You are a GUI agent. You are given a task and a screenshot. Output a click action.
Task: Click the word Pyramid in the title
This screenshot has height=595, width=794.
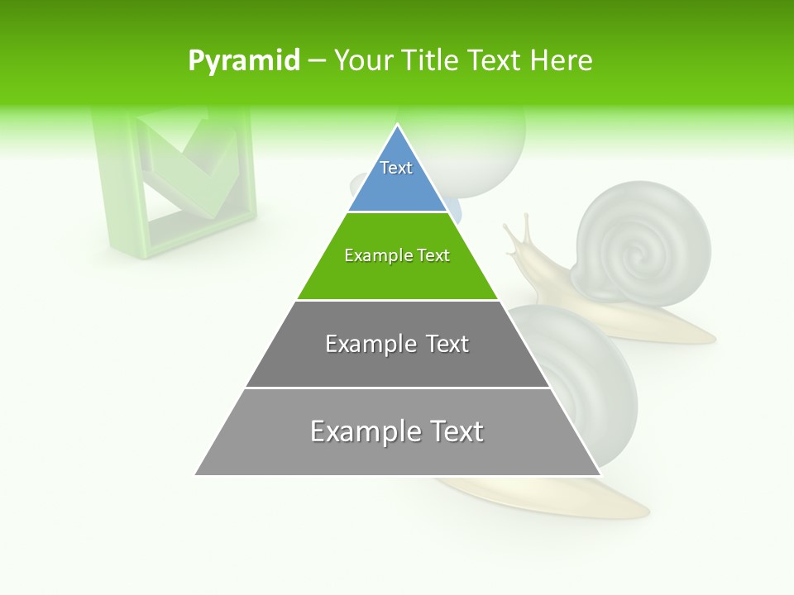243,61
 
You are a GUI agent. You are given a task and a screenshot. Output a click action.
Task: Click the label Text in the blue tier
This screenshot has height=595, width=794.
396,168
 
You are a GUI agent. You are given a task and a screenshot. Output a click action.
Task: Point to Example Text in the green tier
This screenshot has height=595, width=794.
397,255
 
